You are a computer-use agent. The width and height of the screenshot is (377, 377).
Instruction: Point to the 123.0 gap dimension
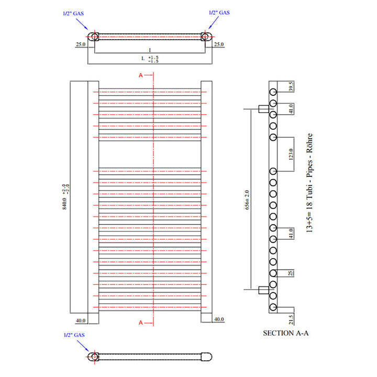(x=291, y=155)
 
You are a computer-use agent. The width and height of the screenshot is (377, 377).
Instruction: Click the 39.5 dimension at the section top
(x=291, y=86)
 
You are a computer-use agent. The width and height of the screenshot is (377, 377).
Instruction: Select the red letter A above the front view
(x=140, y=75)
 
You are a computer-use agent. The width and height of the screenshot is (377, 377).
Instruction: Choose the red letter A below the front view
(x=140, y=323)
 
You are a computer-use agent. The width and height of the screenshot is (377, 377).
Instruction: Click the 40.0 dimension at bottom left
(x=81, y=319)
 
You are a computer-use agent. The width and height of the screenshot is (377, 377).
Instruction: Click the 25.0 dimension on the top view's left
(x=81, y=45)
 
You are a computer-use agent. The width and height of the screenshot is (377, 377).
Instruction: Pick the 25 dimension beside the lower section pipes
(x=291, y=273)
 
